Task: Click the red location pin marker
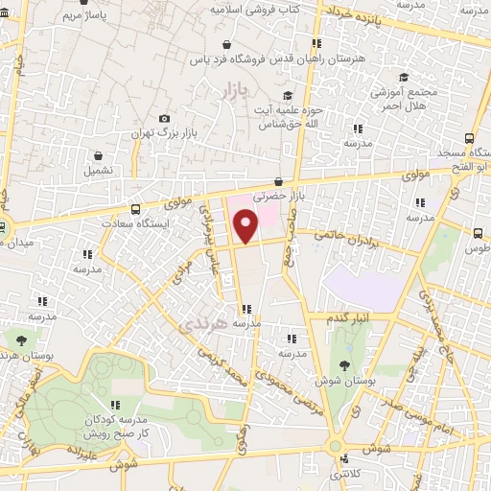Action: [246, 226]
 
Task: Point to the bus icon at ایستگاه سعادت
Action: [135, 208]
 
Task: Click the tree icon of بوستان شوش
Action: [342, 364]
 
